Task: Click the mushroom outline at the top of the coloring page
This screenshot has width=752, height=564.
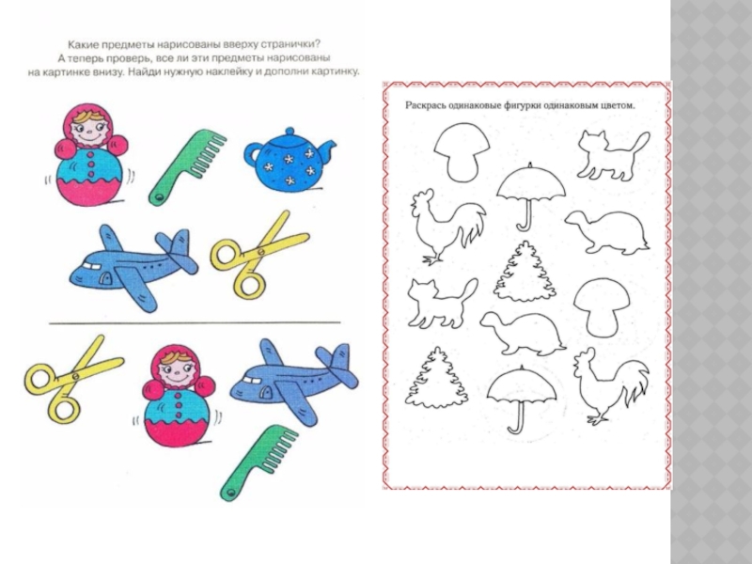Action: pos(462,152)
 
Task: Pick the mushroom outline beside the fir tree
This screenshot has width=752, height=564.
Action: pos(602,307)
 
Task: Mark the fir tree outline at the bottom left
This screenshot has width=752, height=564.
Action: pos(436,379)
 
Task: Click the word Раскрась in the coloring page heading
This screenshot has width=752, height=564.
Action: pos(426,105)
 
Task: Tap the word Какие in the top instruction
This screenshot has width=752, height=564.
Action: pos(83,44)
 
